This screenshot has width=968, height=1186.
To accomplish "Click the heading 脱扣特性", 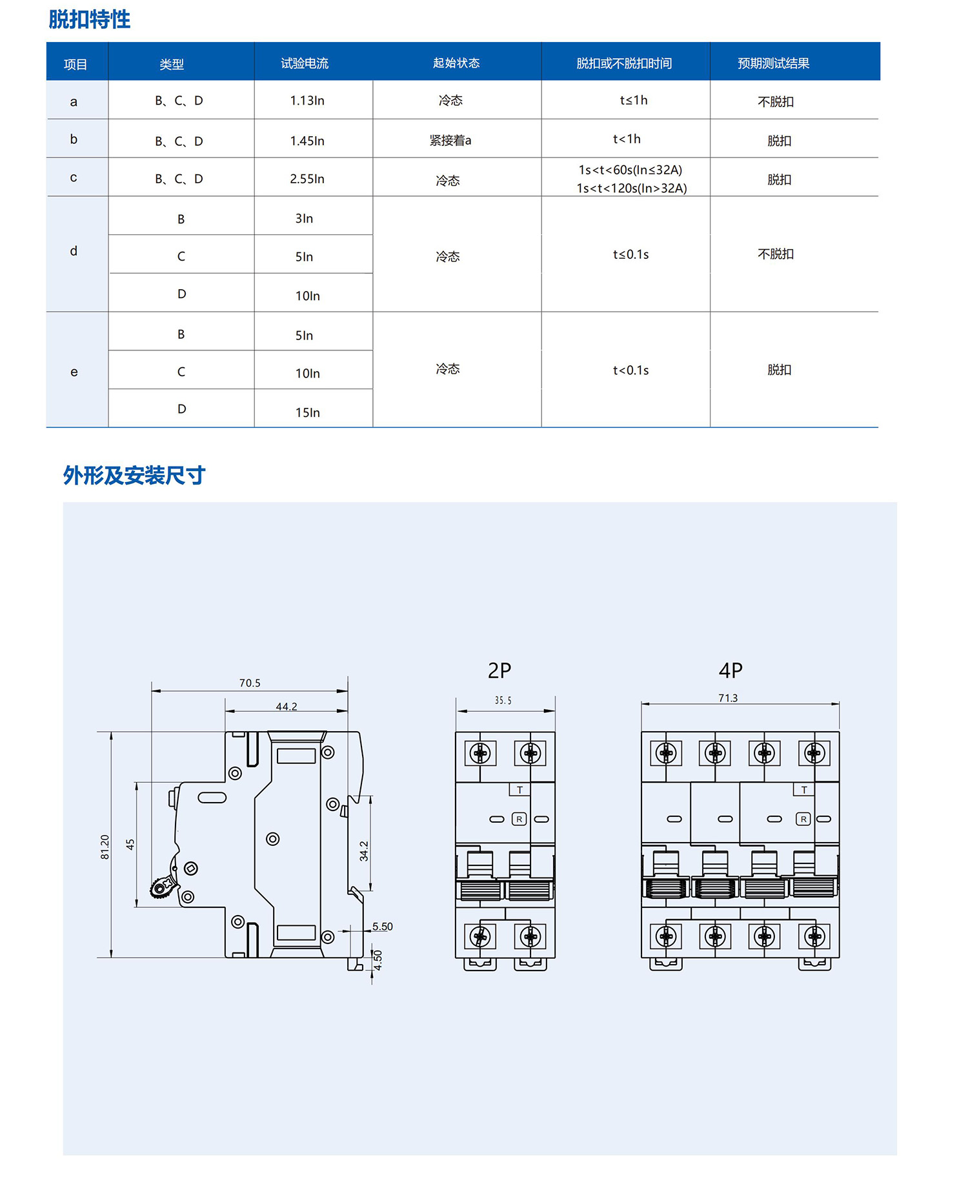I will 90,19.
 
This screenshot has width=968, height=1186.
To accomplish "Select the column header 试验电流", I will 305,63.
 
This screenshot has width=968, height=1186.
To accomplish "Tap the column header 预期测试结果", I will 773,63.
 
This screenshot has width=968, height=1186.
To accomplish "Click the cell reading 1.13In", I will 307,101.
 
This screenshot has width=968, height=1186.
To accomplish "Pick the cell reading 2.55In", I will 307,179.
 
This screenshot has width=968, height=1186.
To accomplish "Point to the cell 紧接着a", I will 450,140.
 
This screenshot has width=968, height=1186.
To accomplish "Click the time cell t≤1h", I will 633,100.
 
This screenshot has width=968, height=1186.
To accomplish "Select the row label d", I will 74,251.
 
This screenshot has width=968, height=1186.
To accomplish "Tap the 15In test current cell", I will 308,412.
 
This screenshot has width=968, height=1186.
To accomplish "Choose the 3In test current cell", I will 304,219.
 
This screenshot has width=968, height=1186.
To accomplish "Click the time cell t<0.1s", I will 630,370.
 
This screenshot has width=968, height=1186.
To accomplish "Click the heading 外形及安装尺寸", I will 134,476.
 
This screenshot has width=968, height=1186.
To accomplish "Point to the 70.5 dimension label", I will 250,683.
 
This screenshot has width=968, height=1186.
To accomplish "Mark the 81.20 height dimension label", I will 105,847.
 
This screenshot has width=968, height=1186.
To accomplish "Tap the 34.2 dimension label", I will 364,851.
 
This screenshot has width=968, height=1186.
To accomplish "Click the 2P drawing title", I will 499,671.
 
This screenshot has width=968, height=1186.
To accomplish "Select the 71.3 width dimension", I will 728,698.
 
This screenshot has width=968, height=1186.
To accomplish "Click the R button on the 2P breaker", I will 519,819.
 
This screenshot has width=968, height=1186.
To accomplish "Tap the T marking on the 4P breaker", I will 804,790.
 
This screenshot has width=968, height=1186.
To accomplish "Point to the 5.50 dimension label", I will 382,927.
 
